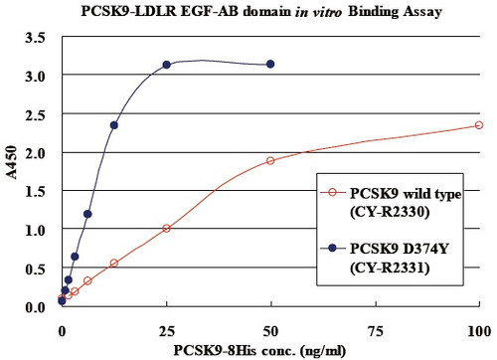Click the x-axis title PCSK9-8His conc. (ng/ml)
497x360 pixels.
(268, 349)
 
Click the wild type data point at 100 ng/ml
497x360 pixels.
(478, 125)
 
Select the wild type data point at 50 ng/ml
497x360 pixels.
(270, 160)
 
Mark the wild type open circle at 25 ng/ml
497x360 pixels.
(166, 229)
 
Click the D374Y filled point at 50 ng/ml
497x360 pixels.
(270, 64)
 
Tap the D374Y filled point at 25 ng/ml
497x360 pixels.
(166, 65)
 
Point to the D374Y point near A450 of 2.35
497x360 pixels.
(114, 125)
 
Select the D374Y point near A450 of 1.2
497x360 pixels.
(87, 214)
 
